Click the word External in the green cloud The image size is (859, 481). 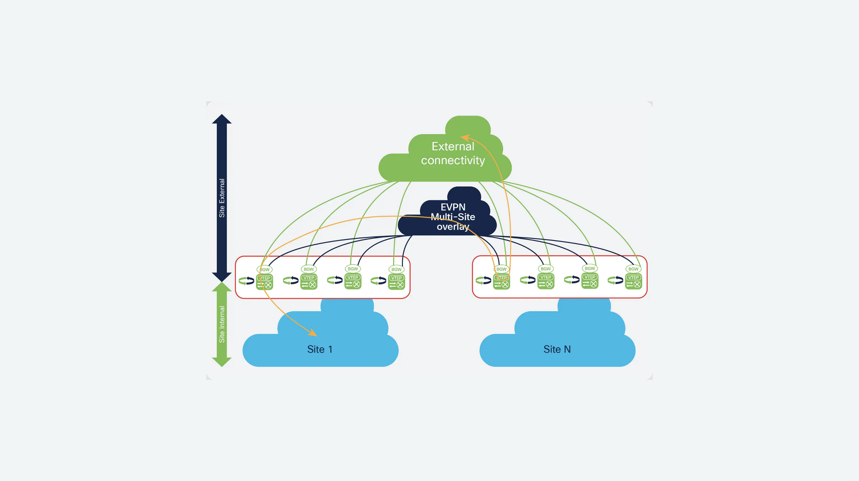pos(453,146)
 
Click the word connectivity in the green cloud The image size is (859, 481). pos(453,161)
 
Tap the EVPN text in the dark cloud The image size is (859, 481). pos(453,207)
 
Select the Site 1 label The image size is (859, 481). pos(320,349)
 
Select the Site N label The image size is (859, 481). pos(557,349)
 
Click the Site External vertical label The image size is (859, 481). pos(222,198)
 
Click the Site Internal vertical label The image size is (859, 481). pos(222,324)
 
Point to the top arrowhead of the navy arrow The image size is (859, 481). pos(222,119)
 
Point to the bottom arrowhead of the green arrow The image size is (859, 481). pos(222,362)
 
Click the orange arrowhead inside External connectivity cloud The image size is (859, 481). pos(465,137)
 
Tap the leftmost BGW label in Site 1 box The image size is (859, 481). pos(265,269)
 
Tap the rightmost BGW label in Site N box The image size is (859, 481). pos(633,269)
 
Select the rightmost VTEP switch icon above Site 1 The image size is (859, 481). pos(396,282)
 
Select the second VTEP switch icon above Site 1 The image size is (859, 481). pos(309,282)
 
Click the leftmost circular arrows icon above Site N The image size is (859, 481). pos(484,280)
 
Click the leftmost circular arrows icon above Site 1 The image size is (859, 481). pos(246,281)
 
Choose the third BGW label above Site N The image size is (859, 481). pos(590,268)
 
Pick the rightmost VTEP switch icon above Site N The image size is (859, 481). pos(634,282)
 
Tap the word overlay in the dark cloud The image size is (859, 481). pos(453,227)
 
